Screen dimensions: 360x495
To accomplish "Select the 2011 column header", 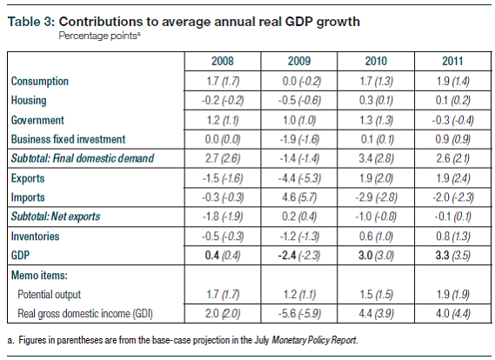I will point(448,63).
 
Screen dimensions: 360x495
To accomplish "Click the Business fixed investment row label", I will point(69,138).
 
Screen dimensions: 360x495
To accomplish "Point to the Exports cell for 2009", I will point(299,178).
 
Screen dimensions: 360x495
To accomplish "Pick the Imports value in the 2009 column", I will point(299,197).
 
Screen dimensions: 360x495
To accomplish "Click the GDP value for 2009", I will point(299,255).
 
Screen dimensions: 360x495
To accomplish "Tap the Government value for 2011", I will point(448,119).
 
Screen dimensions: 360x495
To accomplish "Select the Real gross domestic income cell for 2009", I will point(299,314).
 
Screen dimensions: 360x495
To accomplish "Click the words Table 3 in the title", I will point(29,22).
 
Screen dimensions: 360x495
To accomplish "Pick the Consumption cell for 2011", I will point(448,81).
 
